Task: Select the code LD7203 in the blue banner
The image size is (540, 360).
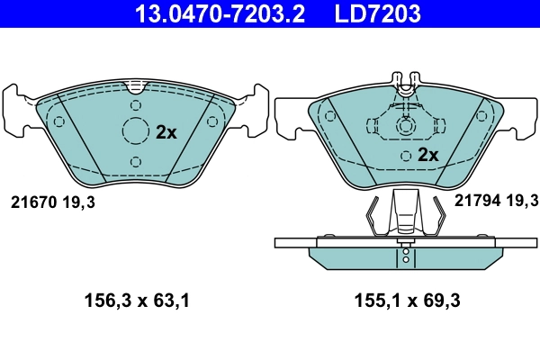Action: pyautogui.click(x=379, y=13)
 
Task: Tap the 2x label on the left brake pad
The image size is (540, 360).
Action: pyautogui.click(x=166, y=131)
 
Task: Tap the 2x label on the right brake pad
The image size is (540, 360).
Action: pyautogui.click(x=427, y=155)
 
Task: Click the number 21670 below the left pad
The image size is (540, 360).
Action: pyautogui.click(x=33, y=203)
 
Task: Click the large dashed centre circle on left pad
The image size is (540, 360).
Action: pyautogui.click(x=135, y=131)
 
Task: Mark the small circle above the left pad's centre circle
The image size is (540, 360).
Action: pyautogui.click(x=135, y=106)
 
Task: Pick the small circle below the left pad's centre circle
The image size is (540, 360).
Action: pyautogui.click(x=135, y=161)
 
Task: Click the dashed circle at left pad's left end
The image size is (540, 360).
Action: pyautogui.click(x=59, y=122)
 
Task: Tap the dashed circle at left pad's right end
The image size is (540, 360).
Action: pyautogui.click(x=211, y=122)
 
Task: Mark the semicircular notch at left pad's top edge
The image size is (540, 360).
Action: pyautogui.click(x=135, y=87)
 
